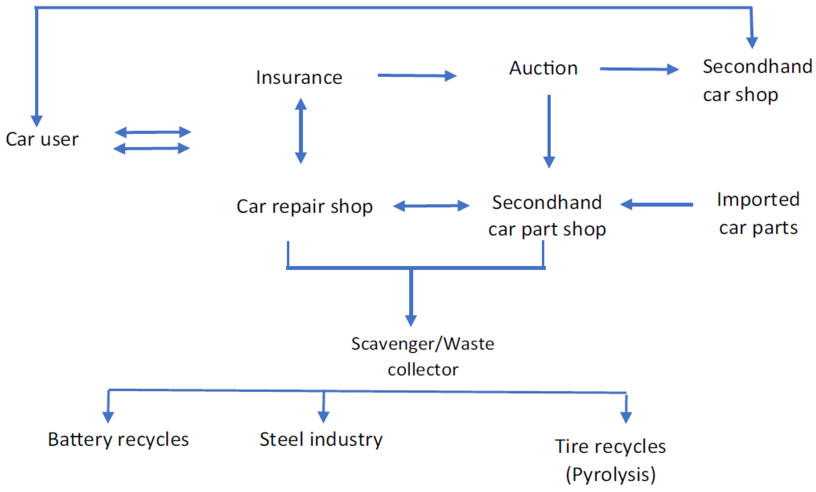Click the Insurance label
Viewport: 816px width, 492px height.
(x=299, y=78)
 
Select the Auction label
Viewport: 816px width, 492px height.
(x=543, y=68)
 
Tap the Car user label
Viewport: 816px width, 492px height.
(x=42, y=139)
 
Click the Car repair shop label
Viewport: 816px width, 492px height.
(x=304, y=207)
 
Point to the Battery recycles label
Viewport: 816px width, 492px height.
(x=118, y=440)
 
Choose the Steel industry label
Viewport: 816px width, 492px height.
(x=321, y=440)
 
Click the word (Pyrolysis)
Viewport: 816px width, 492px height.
(x=610, y=474)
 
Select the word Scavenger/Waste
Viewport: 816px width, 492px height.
(x=423, y=344)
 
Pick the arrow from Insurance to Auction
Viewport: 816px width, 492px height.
(x=417, y=76)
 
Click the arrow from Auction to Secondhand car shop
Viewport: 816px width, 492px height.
(x=639, y=69)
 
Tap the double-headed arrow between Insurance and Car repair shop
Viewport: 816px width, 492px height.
(x=301, y=131)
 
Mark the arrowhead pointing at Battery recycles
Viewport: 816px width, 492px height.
(x=108, y=417)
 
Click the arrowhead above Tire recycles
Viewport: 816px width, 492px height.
(x=626, y=417)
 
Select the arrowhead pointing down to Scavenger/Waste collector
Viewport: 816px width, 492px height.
(x=411, y=320)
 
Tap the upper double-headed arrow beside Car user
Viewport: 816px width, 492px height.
(x=153, y=132)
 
